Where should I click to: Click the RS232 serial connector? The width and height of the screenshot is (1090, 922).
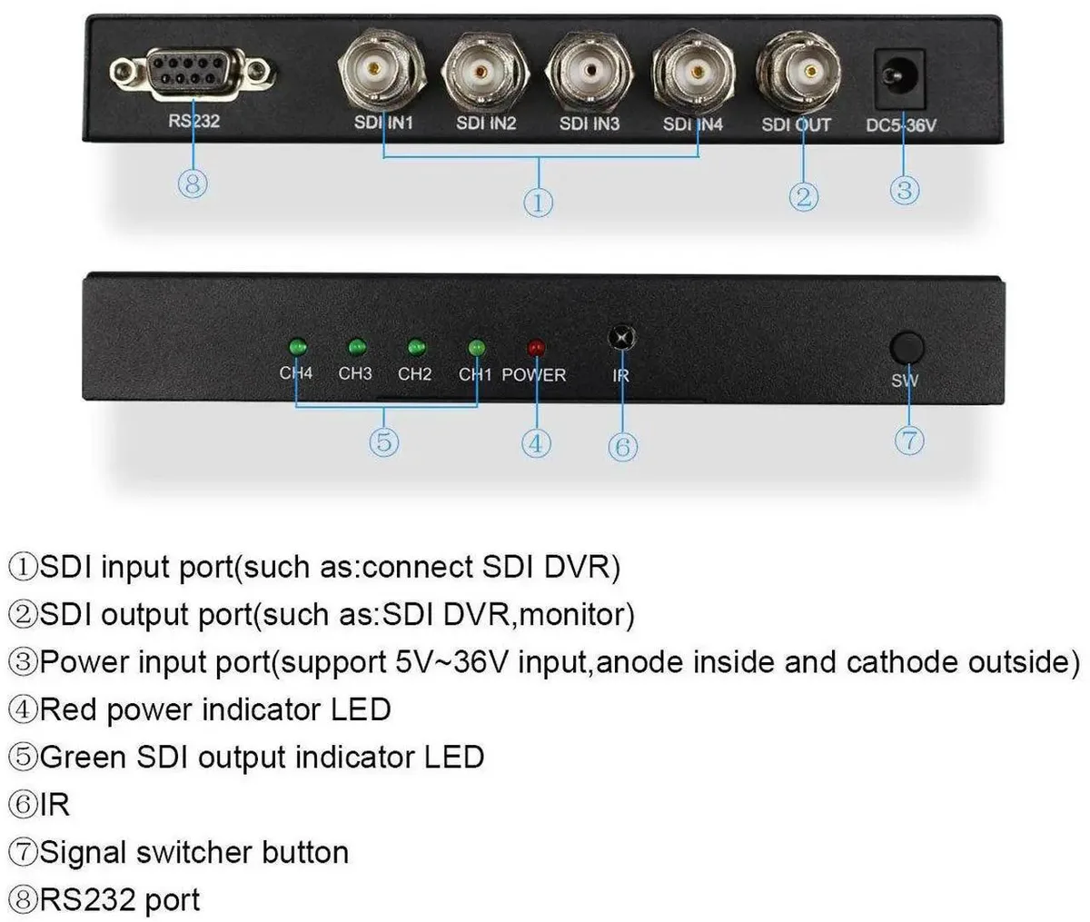tap(193, 73)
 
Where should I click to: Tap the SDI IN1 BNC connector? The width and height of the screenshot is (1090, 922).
tap(381, 68)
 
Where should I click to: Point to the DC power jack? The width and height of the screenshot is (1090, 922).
tap(899, 79)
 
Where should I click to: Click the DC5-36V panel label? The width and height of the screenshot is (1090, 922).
tap(901, 125)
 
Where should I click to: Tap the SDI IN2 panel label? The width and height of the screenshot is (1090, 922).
tap(486, 123)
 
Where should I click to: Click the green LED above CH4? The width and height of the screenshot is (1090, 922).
tap(298, 347)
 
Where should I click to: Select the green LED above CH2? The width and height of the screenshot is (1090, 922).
tap(417, 348)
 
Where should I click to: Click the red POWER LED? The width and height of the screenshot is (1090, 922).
tap(536, 348)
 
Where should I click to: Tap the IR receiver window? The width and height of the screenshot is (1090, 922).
tap(622, 338)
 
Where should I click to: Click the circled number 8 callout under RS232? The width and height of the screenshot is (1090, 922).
tap(193, 184)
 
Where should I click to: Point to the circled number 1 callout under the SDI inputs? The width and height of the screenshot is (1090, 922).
tap(538, 203)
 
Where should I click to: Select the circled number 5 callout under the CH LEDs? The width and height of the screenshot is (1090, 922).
tap(384, 441)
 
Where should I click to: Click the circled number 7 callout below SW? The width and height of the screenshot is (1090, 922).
tap(909, 441)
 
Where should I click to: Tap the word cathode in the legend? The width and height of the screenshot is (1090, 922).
tap(901, 662)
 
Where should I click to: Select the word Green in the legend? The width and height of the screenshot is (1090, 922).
tap(84, 758)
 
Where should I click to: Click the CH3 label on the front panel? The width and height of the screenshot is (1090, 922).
tap(355, 373)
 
